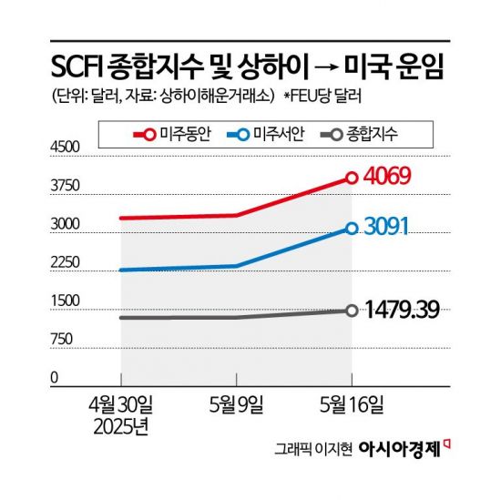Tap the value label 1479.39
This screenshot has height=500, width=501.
404,310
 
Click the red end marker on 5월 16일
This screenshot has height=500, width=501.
352,178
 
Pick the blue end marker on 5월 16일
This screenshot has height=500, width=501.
352,229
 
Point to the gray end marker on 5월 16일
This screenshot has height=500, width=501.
352,311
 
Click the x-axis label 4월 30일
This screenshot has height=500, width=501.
121,402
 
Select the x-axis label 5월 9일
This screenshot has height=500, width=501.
237,402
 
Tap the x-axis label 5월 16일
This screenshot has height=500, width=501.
352,402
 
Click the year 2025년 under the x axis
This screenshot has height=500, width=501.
121,423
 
